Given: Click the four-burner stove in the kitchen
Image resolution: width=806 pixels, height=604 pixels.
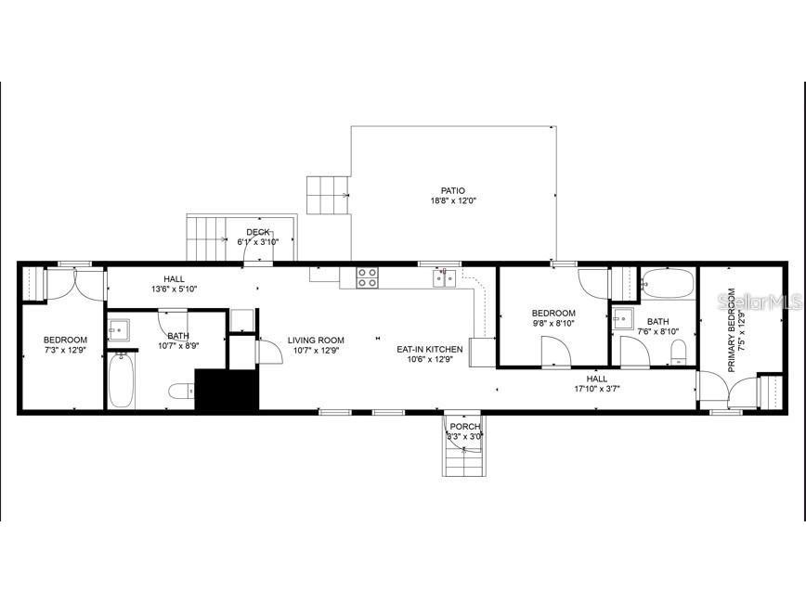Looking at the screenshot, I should point(368,276).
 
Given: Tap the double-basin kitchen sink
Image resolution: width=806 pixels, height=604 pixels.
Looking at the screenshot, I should point(444,277).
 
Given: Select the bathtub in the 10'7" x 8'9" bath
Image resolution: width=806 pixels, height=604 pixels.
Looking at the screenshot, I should point(122,381).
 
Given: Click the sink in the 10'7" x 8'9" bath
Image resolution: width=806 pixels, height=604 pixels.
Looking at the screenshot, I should point(119,328).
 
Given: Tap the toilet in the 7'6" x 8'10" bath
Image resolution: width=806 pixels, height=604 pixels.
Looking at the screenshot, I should point(678,350).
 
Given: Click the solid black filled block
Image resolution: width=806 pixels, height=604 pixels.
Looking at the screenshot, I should point(226,390).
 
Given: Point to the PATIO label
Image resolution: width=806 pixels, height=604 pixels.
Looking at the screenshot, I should point(453,191).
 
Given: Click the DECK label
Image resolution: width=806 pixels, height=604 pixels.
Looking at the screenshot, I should point(258,232).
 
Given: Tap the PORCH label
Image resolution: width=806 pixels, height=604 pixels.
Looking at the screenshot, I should point(465,426).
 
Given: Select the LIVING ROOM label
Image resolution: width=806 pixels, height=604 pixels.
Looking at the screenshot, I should point(316,340).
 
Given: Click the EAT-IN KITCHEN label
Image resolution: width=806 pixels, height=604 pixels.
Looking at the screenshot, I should point(430,349).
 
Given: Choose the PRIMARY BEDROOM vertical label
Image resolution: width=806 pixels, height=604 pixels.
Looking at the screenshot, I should point(732,330).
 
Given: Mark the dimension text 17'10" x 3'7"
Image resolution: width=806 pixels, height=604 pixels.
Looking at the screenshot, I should point(597,389).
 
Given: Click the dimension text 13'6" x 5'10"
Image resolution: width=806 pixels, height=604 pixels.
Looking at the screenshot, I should point(175,289).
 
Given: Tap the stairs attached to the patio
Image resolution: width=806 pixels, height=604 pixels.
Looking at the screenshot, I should point(327,195).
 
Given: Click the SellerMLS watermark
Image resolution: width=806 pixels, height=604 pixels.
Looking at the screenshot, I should point(760,302).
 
